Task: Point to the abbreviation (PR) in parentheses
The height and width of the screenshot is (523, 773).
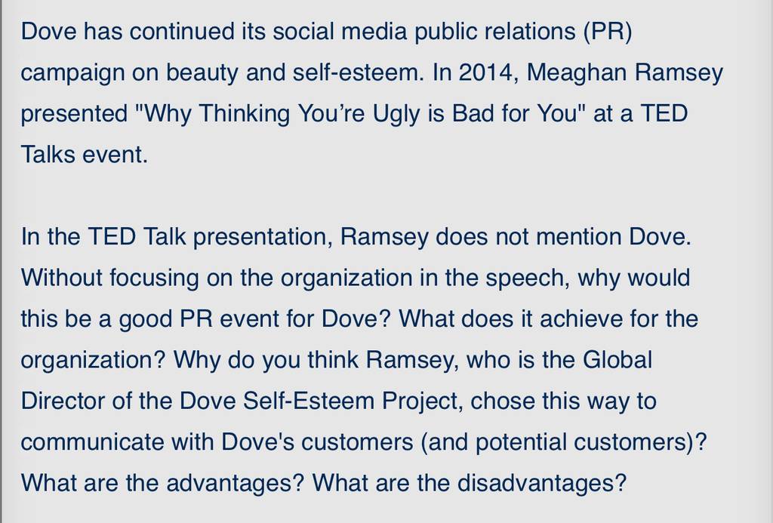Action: point(607,32)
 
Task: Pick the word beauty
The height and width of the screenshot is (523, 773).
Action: point(202,73)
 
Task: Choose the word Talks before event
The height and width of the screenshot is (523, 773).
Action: point(48,154)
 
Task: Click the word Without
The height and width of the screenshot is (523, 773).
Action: point(61,277)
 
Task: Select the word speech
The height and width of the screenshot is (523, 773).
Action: point(528,278)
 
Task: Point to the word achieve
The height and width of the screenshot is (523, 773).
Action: point(574,318)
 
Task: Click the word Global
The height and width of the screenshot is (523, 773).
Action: point(617,359)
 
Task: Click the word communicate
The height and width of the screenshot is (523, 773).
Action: point(92,441)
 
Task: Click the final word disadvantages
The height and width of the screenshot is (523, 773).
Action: point(541,483)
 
